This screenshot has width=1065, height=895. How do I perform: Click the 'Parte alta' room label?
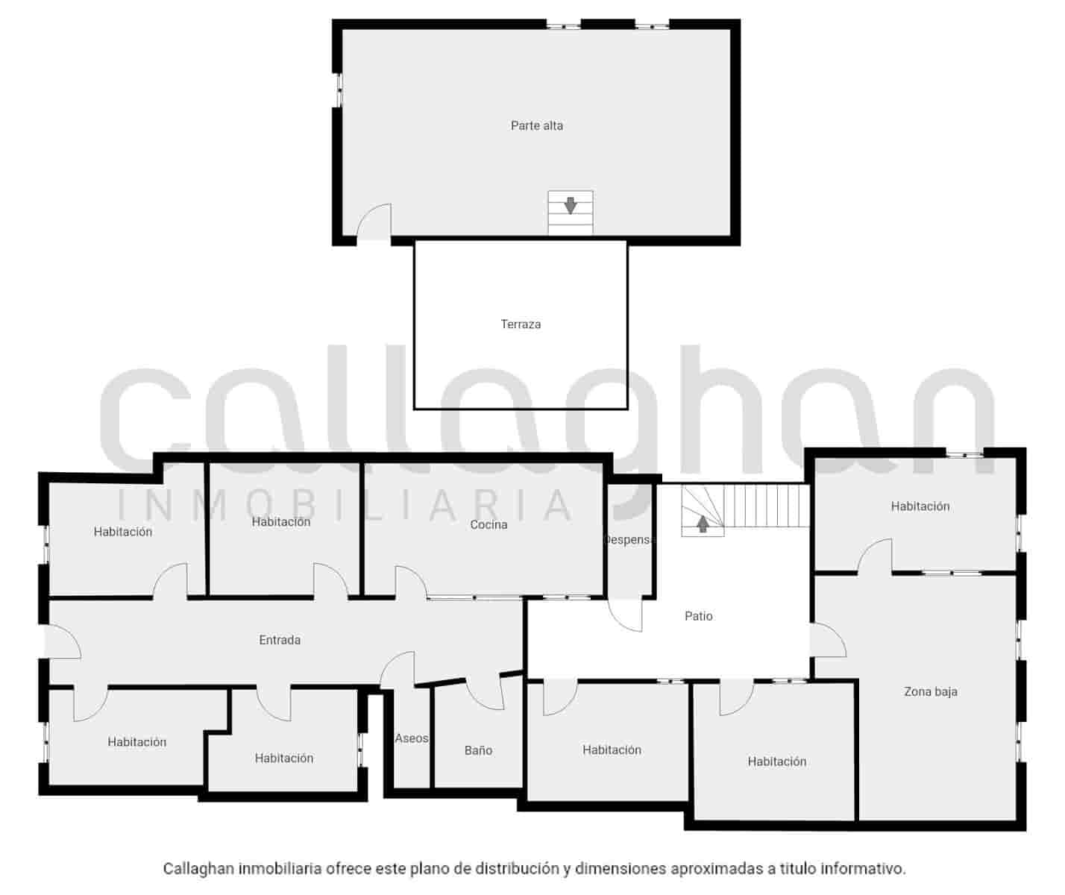coord(536,126)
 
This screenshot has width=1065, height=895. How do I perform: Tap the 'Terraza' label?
coord(521,324)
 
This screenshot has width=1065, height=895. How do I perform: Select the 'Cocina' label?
coord(488,525)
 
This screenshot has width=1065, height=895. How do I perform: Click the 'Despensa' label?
coord(628,540)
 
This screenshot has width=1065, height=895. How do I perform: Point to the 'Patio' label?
coord(698,616)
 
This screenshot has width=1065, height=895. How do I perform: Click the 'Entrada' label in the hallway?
coord(280,640)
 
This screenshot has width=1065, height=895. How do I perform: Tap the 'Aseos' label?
coord(412,738)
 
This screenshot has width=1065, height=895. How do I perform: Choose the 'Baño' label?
coord(478,750)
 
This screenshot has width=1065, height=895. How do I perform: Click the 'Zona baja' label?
coord(930,691)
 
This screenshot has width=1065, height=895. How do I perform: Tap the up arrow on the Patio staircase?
coord(703,524)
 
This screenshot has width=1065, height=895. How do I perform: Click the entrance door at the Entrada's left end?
coord(63,641)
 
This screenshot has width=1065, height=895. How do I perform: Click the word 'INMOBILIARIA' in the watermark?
coord(347,505)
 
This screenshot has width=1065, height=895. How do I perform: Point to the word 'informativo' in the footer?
coord(862,869)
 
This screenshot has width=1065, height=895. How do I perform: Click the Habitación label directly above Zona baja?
coord(920,506)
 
